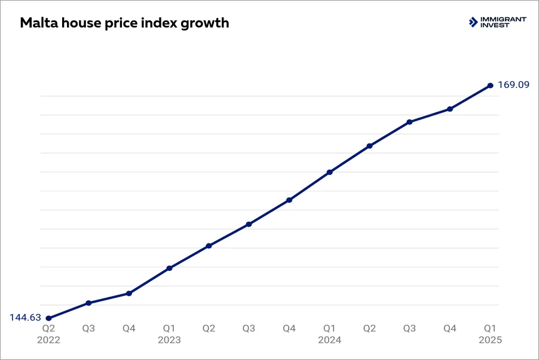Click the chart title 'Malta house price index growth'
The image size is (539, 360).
[x=124, y=23]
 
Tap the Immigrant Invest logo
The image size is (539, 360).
[x=497, y=22]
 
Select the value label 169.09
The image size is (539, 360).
[x=513, y=85]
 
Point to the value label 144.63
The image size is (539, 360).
[x=25, y=318]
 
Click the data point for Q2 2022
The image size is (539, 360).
[x=48, y=318]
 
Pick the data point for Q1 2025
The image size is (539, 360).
[x=490, y=86]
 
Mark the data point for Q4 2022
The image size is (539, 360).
[x=128, y=294]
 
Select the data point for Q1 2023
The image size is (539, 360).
[x=169, y=268]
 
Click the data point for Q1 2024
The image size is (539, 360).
[x=329, y=172]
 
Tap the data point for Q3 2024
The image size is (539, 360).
[x=409, y=122]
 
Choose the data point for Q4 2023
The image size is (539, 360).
[x=289, y=200]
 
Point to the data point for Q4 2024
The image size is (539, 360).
[x=450, y=109]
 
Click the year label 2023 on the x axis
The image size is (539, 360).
[x=169, y=340]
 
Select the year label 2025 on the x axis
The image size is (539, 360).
[x=490, y=340]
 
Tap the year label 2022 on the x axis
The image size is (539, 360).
[x=48, y=340]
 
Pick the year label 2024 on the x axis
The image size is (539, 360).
[x=329, y=340]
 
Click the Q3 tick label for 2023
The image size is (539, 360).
[x=249, y=328]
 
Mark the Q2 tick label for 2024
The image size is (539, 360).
[x=369, y=328]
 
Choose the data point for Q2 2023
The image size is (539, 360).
[x=209, y=246]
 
